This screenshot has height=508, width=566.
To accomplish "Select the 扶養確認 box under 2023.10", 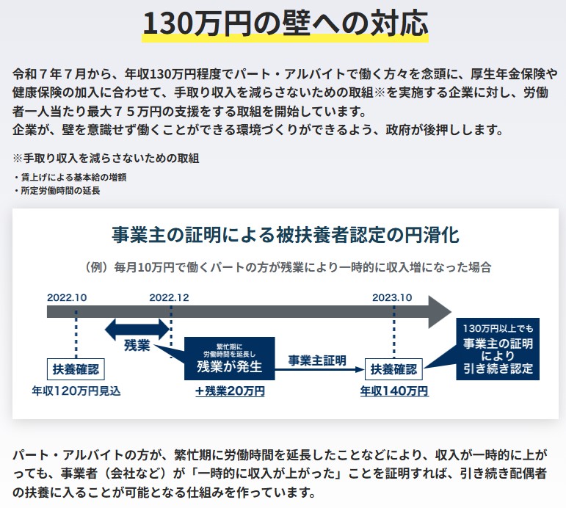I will point(393,369).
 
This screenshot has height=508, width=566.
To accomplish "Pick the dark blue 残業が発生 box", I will point(228,358).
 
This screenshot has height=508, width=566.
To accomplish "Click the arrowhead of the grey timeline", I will point(440,311).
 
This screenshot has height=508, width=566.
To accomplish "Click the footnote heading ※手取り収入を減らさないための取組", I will point(106,158).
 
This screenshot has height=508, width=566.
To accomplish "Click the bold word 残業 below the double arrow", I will point(137,346).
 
